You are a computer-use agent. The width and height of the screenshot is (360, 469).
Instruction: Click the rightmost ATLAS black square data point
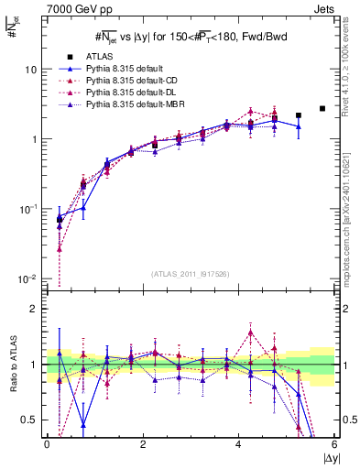coord(322,108)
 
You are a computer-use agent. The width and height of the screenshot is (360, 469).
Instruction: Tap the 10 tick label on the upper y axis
coord(30,70)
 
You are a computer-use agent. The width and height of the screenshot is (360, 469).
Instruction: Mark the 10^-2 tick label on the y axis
coord(27,278)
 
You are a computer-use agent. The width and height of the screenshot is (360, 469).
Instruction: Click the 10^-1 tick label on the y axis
coord(27,209)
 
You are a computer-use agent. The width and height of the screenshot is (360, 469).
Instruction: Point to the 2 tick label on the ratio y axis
coord(33,309)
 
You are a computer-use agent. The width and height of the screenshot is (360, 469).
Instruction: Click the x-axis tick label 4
coord(239,444)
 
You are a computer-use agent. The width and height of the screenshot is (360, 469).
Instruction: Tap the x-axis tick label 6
coord(334,444)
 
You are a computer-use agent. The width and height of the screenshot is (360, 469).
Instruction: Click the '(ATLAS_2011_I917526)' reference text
coord(191,273)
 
